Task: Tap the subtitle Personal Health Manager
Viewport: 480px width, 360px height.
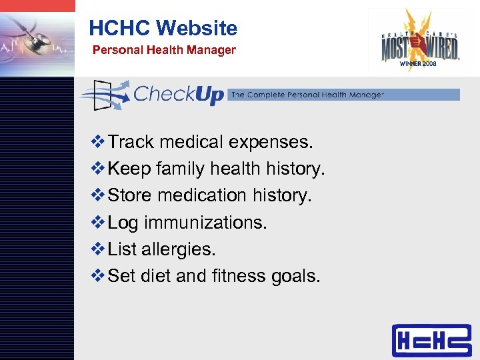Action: pos(163,50)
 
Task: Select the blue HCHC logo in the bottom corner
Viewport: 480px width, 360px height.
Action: pos(431,341)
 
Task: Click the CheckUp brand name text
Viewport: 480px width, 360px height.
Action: pos(178,94)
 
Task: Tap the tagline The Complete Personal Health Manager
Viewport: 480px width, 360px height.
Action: pos(307,95)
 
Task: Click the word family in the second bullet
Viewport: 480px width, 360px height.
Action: pos(181,169)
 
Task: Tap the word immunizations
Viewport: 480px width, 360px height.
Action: pos(205,223)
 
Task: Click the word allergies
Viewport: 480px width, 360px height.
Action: pos(179,249)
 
